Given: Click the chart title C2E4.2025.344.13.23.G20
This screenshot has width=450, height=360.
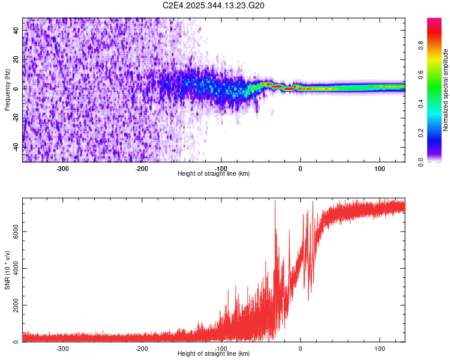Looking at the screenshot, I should (x=214, y=5).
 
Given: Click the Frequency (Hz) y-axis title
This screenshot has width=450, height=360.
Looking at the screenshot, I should (x=7, y=89).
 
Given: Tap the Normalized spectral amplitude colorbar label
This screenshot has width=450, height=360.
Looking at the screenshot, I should (x=446, y=90).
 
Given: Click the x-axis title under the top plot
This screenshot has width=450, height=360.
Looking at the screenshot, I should (x=214, y=173).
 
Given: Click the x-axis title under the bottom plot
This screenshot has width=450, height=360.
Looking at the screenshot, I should (x=214, y=353).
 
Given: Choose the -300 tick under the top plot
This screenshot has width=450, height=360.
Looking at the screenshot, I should (x=62, y=168).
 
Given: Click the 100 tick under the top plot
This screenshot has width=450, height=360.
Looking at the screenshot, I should (x=379, y=168).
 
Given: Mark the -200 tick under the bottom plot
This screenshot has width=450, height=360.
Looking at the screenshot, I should (x=142, y=348).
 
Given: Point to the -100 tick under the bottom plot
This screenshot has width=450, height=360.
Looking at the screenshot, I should (x=221, y=348).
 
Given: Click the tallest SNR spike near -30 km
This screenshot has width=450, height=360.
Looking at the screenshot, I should (x=275, y=202).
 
